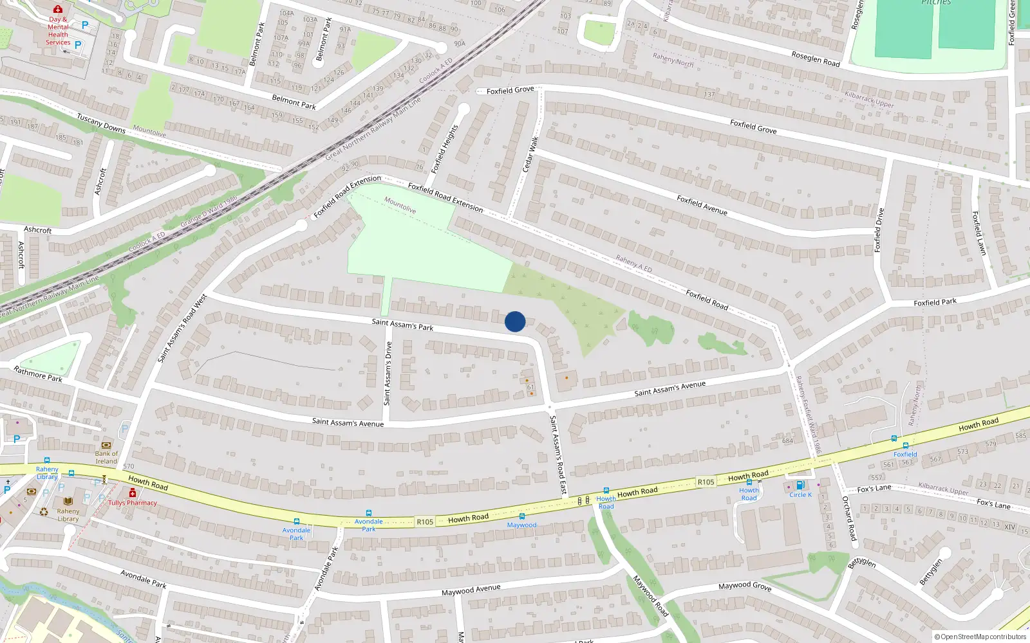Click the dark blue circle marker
click(x=515, y=321)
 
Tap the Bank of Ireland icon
click(x=106, y=445)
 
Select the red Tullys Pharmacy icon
click(x=133, y=493)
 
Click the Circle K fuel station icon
click(x=800, y=485)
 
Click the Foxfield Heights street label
click(x=444, y=149)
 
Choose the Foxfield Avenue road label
click(x=702, y=205)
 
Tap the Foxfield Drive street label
click(x=879, y=230)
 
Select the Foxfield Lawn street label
click(x=979, y=233)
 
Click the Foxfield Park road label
click(x=935, y=302)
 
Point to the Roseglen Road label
click(x=816, y=59)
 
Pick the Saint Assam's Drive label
click(x=388, y=373)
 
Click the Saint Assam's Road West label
click(x=183, y=328)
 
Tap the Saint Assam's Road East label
click(x=558, y=455)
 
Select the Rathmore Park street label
click(x=38, y=374)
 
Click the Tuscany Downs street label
click(x=101, y=123)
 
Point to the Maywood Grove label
click(x=745, y=586)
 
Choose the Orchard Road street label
click(x=849, y=518)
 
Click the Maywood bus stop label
click(x=521, y=525)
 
